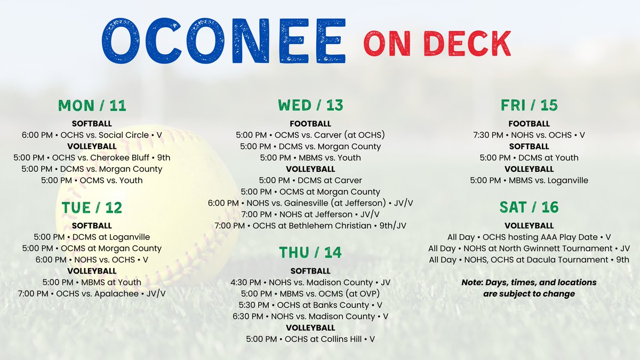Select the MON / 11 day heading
92,106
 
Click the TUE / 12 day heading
92,207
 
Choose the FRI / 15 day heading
529,106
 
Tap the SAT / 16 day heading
529,207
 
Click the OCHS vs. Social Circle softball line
92,135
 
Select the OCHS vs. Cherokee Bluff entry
92,158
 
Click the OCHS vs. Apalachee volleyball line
92,293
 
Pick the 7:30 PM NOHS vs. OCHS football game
529,135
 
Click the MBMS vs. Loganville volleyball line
529,180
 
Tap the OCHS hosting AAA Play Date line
529,237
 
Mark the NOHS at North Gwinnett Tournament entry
529,248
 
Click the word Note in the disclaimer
473,282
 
